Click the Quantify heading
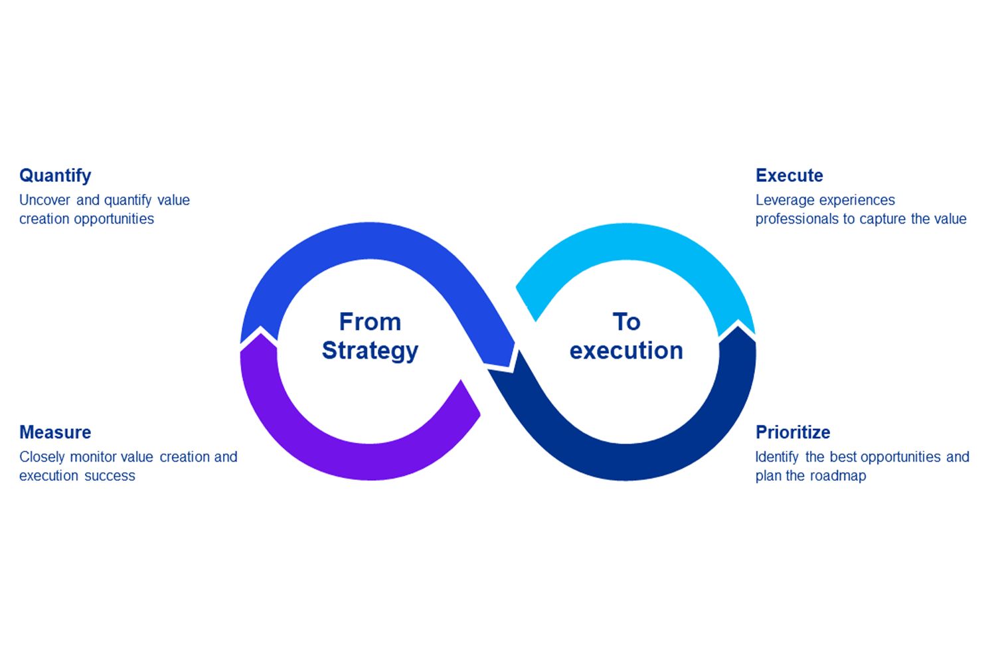click(55, 176)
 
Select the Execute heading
click(789, 176)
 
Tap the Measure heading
click(55, 432)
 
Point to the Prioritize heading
click(793, 432)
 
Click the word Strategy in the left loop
click(370, 351)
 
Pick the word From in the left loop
click(370, 322)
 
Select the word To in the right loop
click(626, 322)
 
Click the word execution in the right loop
click(626, 351)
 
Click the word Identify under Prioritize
click(776, 457)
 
